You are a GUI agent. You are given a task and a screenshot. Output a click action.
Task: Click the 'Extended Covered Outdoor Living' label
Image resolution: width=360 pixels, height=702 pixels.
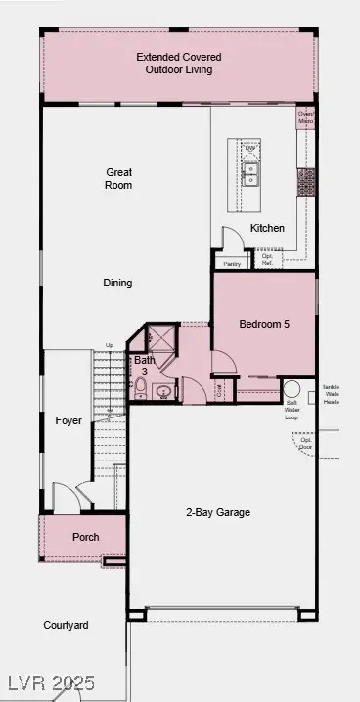(174, 64)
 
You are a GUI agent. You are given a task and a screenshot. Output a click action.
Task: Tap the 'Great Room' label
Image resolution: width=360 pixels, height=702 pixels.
(119, 179)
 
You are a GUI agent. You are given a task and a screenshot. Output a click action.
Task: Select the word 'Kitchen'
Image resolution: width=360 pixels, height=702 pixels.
(267, 228)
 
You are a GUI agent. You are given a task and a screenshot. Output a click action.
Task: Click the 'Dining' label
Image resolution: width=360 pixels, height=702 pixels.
(117, 284)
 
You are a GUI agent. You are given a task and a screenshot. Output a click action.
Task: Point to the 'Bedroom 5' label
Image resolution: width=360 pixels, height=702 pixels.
(264, 323)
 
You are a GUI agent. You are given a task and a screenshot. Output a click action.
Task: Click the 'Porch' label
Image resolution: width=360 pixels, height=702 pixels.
(85, 538)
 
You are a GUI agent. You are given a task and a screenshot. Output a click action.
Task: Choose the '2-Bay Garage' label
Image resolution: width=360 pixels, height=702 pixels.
(218, 512)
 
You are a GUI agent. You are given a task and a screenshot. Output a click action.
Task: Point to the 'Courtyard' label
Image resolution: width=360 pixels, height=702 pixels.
(66, 625)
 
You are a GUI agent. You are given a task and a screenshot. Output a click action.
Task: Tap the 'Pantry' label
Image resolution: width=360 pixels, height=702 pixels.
(231, 264)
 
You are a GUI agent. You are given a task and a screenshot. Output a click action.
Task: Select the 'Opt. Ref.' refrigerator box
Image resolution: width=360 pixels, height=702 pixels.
(267, 260)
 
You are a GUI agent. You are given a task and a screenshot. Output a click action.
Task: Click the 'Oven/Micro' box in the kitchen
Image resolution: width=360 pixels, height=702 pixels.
(306, 117)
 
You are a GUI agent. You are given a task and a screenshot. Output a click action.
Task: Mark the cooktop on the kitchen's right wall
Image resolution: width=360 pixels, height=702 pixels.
(306, 181)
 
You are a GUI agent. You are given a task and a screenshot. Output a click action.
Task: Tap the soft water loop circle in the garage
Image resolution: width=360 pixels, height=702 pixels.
(292, 388)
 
